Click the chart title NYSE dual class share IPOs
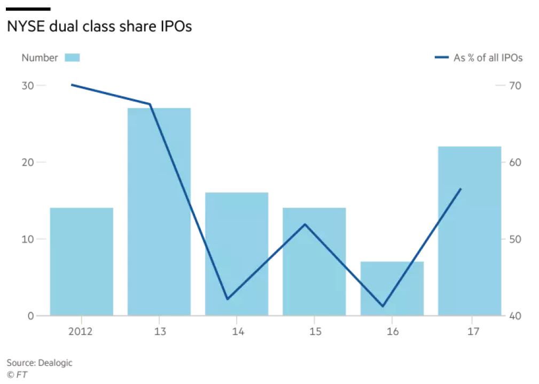(x=99, y=26)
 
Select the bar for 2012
(x=82, y=262)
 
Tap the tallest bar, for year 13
(x=159, y=212)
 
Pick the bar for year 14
(x=237, y=254)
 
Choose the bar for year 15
(x=314, y=262)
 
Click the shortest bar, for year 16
(x=392, y=288)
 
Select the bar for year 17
(x=470, y=231)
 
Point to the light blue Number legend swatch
(x=72, y=57)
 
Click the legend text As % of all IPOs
(x=488, y=57)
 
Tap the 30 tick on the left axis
(x=27, y=86)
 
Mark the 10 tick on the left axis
(x=27, y=239)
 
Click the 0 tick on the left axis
(x=31, y=316)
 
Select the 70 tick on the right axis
(x=515, y=86)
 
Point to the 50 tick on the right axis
(x=515, y=239)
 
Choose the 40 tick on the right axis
(x=515, y=316)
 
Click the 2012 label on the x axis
(x=81, y=331)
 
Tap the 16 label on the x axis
(x=393, y=331)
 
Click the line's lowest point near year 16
(x=382, y=306)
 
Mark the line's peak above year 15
(x=305, y=224)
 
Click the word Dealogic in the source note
(x=55, y=363)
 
